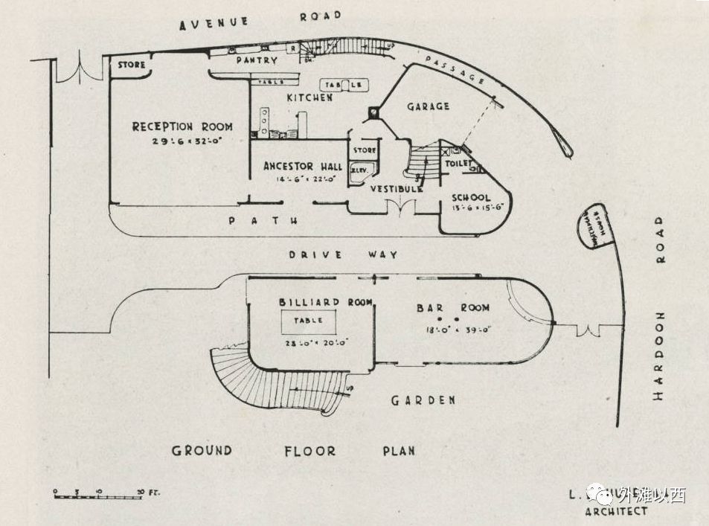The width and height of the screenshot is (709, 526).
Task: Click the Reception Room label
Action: point(182,126)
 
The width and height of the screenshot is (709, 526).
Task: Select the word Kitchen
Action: point(309,97)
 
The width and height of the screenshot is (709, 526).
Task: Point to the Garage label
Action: point(428,107)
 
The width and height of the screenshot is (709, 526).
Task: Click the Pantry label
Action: point(256,60)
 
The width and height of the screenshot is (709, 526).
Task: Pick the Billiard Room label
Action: point(309,302)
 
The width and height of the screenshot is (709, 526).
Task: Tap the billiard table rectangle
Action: point(308,322)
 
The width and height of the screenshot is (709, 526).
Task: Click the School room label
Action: point(471,198)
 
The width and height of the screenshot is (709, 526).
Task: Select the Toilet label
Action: point(460,162)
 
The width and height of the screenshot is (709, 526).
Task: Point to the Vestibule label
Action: point(397,189)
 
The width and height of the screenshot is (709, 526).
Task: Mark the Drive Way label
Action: point(344,254)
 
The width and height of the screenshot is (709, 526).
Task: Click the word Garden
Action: point(423,400)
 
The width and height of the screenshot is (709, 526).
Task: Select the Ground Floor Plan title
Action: point(293,451)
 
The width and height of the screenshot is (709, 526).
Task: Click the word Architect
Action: point(616,511)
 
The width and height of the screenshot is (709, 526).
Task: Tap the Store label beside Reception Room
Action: point(132,65)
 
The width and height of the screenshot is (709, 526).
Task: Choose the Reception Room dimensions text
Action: point(182,141)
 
